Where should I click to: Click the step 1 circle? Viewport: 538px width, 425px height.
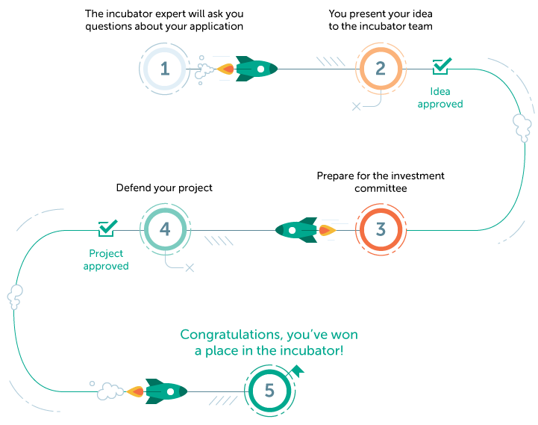(x=165, y=69)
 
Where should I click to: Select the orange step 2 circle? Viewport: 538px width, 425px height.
(x=381, y=69)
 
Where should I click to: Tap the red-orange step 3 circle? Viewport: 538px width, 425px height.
(x=381, y=229)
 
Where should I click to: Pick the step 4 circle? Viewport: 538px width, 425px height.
(x=165, y=229)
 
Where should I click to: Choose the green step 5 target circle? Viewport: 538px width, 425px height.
(x=269, y=391)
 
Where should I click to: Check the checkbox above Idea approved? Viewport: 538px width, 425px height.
(x=442, y=67)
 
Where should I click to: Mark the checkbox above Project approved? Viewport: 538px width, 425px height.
(x=108, y=227)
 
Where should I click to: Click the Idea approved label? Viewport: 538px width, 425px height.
(x=440, y=98)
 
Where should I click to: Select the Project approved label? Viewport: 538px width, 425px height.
(x=106, y=260)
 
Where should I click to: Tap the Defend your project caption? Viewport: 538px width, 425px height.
(x=164, y=188)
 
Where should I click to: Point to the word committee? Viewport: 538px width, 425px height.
(x=381, y=189)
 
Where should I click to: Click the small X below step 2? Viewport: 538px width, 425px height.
(x=356, y=107)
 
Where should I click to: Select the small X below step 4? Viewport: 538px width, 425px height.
(x=190, y=267)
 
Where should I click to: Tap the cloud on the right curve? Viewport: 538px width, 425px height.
(x=522, y=128)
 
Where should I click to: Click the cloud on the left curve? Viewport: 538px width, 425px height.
(x=15, y=297)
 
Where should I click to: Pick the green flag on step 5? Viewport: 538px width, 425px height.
(x=295, y=370)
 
